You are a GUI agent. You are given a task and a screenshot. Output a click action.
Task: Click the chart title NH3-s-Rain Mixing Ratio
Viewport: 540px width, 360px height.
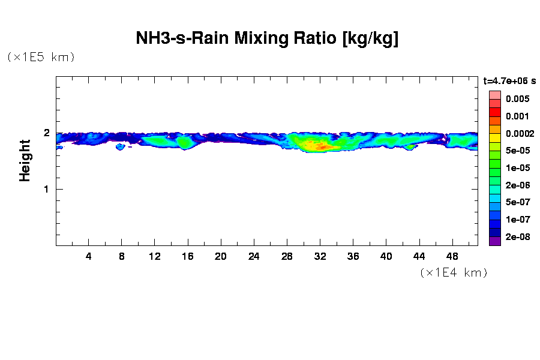coord(267,38)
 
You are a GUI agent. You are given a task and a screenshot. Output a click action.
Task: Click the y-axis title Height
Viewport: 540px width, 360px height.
coord(25,160)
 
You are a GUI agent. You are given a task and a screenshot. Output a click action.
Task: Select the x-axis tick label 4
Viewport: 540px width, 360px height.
coord(89,256)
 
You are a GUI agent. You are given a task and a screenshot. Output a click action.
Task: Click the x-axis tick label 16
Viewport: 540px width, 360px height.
coord(188,256)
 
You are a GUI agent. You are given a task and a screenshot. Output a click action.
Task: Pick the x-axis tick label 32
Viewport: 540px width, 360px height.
coord(320,256)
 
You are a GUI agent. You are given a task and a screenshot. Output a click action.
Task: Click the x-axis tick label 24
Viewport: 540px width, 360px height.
coord(254,256)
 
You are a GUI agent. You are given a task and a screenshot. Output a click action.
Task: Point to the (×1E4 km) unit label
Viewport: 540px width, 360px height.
coord(454,272)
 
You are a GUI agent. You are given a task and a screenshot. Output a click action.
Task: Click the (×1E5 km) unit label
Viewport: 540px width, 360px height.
coord(41,57)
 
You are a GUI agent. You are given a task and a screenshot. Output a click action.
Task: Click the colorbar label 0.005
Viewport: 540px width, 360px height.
coord(517,99)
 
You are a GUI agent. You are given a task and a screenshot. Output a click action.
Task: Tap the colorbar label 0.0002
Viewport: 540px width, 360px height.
coord(517,133)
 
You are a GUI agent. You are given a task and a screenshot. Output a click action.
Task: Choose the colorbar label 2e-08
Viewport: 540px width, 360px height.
coord(517,237)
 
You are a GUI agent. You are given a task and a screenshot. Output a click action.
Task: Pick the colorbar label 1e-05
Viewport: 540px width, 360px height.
coord(517,168)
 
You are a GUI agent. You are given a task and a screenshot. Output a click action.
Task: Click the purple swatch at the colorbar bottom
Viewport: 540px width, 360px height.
coord(494,241)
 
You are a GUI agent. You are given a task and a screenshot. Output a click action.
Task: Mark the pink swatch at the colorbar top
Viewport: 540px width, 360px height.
coord(494,95)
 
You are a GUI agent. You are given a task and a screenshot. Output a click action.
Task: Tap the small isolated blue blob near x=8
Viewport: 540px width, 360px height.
coord(120,146)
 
